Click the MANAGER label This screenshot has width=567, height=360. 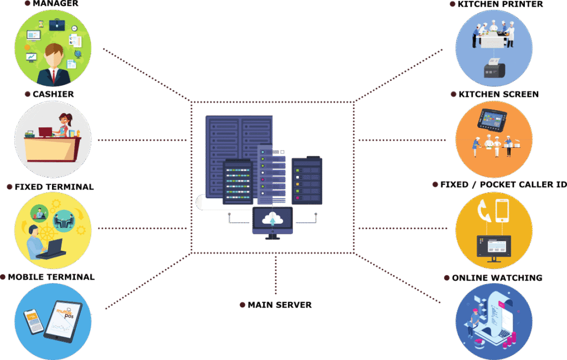click(x=55, y=4)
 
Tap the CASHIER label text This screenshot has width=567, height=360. click(x=53, y=94)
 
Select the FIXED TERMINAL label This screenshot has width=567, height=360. click(x=54, y=187)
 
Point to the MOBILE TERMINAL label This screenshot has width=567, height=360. click(x=51, y=277)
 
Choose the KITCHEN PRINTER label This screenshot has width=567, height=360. click(x=500, y=4)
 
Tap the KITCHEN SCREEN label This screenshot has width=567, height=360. click(x=498, y=95)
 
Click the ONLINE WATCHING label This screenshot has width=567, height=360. click(x=497, y=277)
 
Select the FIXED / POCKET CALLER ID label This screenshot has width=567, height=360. click(x=503, y=184)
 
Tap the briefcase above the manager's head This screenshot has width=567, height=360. click(x=58, y=24)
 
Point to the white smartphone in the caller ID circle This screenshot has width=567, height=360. click(x=502, y=210)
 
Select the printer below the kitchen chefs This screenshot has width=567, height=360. click(x=494, y=69)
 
